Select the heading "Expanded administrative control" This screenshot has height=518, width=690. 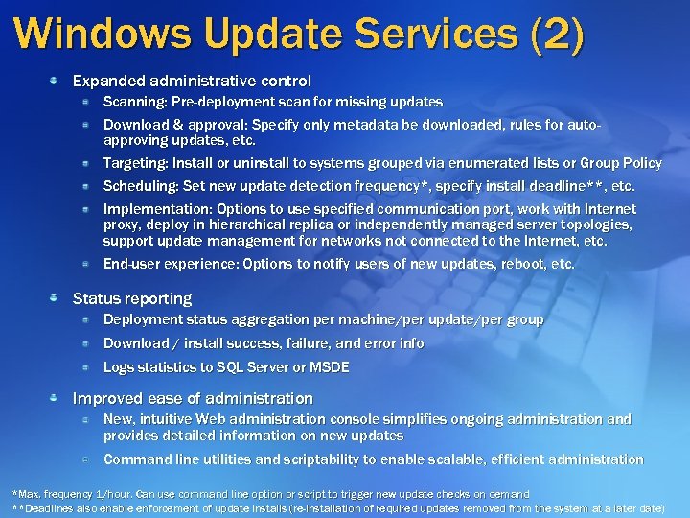(192, 82)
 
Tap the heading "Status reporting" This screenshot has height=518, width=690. (132, 298)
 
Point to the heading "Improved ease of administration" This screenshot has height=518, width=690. (193, 398)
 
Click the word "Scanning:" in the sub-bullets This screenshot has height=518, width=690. (135, 101)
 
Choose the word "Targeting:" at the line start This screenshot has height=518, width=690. (135, 163)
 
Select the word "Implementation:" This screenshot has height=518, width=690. (157, 208)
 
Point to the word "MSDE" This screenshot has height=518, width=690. (330, 367)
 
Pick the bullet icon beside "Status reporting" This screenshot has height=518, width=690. (59, 298)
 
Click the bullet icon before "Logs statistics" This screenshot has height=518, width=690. (86, 367)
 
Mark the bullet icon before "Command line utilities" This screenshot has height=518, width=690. (86, 459)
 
